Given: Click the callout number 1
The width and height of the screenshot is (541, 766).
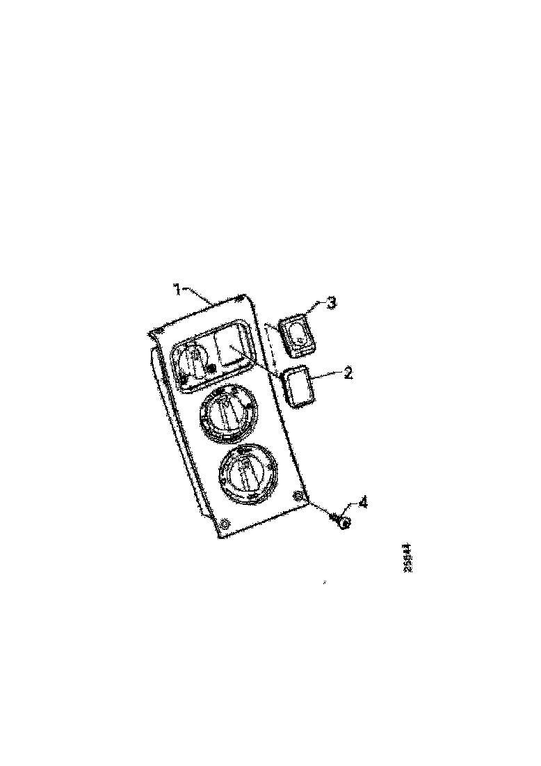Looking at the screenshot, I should [x=177, y=288].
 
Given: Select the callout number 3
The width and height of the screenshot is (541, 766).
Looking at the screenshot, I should [x=332, y=303].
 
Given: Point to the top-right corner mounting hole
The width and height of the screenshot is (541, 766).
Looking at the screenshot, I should [x=241, y=299].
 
